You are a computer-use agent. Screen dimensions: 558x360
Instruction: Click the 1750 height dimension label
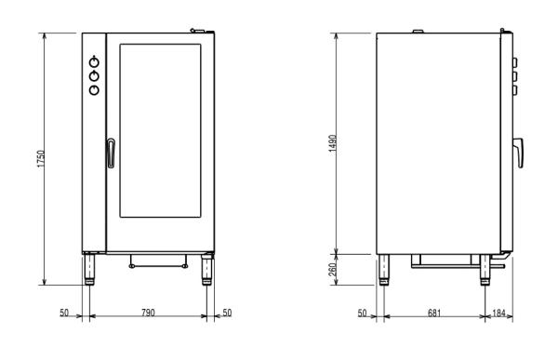coord(42,159)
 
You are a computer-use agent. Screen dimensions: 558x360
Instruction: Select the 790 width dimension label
coord(148,313)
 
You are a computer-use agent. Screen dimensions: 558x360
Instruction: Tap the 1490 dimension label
coord(332,143)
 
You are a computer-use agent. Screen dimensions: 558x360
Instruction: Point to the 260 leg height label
coord(332,270)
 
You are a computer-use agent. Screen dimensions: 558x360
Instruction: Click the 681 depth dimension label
coord(434,313)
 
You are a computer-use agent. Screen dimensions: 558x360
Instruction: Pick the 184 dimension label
coord(498,313)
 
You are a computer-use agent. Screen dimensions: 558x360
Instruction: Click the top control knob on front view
coord(94,62)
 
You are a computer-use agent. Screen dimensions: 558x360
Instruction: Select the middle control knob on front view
coord(94,76)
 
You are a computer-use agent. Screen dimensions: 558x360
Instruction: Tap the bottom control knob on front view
coord(94,89)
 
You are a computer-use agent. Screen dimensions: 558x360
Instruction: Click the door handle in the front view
coord(111,153)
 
